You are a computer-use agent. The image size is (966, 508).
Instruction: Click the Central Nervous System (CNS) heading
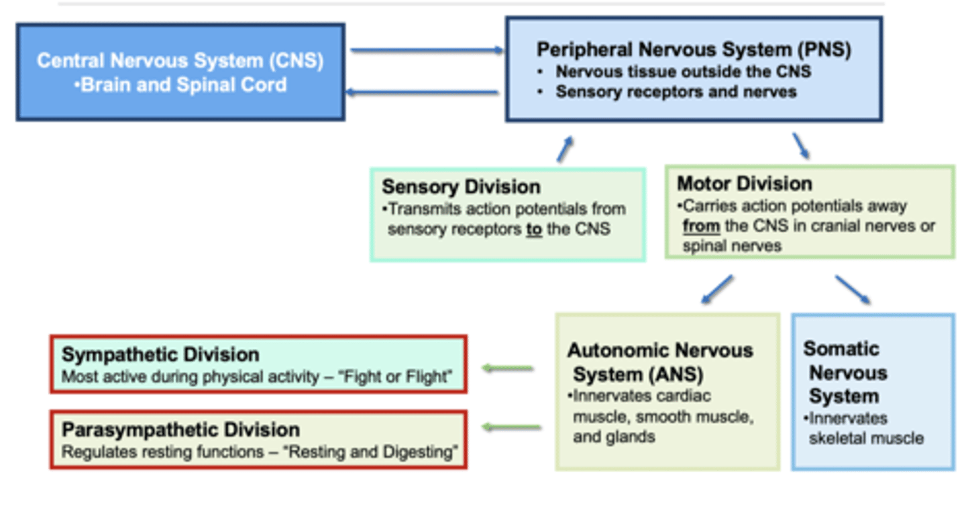point(180,60)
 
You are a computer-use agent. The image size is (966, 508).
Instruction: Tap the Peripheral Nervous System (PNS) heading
point(694,50)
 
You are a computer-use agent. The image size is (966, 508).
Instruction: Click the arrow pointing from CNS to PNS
point(426,50)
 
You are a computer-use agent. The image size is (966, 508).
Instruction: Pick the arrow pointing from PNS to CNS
point(423,93)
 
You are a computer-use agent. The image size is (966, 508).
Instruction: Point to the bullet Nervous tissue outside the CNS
point(683,71)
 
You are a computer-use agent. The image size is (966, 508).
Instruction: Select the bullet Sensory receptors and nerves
point(676,92)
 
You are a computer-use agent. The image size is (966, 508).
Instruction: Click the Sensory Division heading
point(461,187)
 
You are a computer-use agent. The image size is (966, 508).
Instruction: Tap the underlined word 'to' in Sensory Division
point(534,229)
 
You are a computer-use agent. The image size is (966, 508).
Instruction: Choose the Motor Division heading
point(744,183)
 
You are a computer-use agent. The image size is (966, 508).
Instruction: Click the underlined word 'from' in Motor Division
point(701,226)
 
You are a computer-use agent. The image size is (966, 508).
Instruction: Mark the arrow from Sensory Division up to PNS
point(565,148)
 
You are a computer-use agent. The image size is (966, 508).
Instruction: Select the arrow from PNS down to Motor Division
point(800,145)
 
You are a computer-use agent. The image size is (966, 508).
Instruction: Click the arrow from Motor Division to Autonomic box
point(716,289)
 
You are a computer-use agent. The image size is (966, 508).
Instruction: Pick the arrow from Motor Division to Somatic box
point(853,289)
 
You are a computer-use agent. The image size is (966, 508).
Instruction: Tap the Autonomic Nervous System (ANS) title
point(660,361)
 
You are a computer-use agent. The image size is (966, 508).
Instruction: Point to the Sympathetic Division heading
point(160,354)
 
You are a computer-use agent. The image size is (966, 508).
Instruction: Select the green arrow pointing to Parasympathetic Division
point(512,427)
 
